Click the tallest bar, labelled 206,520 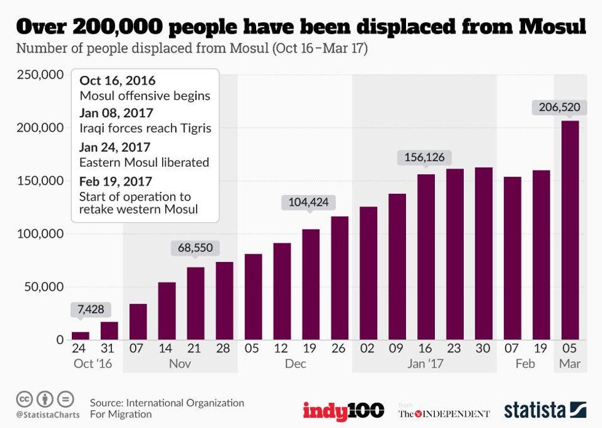(x=570, y=230)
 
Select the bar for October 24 (x=80, y=335)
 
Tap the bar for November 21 (x=195, y=303)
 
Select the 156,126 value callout (x=424, y=158)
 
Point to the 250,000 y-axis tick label (x=39, y=75)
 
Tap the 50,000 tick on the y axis (x=43, y=286)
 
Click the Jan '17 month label (x=425, y=364)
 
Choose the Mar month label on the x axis (x=569, y=364)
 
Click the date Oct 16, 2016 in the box (x=117, y=81)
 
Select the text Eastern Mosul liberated (x=144, y=162)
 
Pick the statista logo (x=544, y=410)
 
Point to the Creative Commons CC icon (x=25, y=399)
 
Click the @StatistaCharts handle (x=45, y=415)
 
